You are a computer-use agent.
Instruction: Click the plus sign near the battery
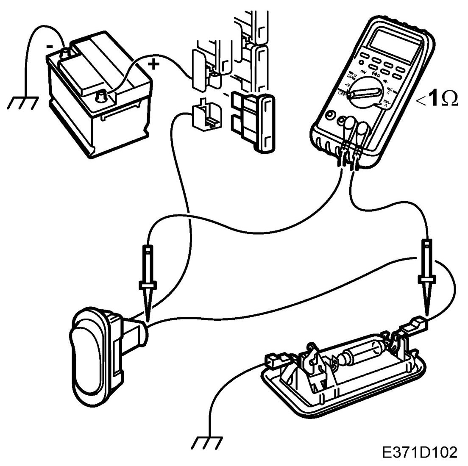tap(153, 64)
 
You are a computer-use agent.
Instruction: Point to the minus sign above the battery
tap(50, 47)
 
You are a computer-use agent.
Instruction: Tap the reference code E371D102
tap(419, 452)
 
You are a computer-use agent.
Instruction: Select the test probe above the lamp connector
tap(426, 275)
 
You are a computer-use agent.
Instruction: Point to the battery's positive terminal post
tap(102, 97)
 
